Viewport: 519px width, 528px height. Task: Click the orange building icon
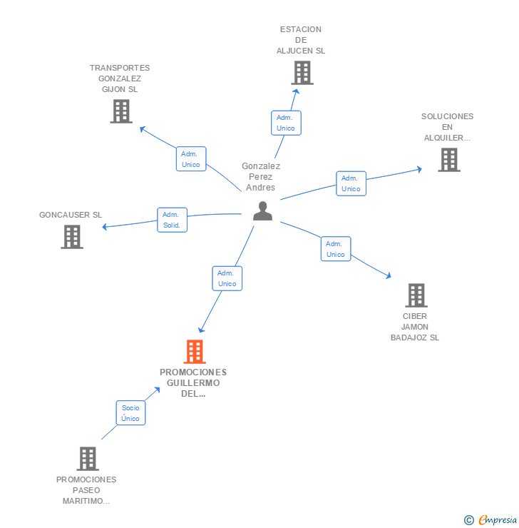tap(195, 352)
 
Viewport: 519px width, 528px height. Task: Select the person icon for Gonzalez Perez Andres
tap(262, 210)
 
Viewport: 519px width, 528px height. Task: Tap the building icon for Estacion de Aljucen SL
tap(302, 73)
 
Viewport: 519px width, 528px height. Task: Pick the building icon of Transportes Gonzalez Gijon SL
tap(121, 111)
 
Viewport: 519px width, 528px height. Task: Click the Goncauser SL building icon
tap(72, 237)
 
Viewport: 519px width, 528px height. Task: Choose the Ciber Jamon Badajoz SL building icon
tap(416, 295)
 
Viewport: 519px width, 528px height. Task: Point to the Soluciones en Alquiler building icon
tap(449, 160)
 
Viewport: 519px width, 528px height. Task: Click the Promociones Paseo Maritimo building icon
tap(88, 459)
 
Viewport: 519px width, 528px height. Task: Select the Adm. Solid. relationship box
tap(172, 220)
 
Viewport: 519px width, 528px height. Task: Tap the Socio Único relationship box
tap(130, 413)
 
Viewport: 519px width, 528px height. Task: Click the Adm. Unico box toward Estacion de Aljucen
tap(286, 123)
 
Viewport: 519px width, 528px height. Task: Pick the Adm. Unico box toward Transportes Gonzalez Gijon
tap(191, 159)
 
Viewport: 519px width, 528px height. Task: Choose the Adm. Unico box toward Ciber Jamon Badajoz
tap(336, 249)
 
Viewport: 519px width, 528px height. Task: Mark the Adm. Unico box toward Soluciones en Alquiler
tap(351, 183)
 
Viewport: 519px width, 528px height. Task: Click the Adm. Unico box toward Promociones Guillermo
tap(227, 278)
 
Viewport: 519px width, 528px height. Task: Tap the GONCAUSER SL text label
tap(71, 215)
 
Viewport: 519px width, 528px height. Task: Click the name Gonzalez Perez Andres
tap(261, 177)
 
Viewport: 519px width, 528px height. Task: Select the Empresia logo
tap(490, 520)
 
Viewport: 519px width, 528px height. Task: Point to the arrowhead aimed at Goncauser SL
tap(104, 227)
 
